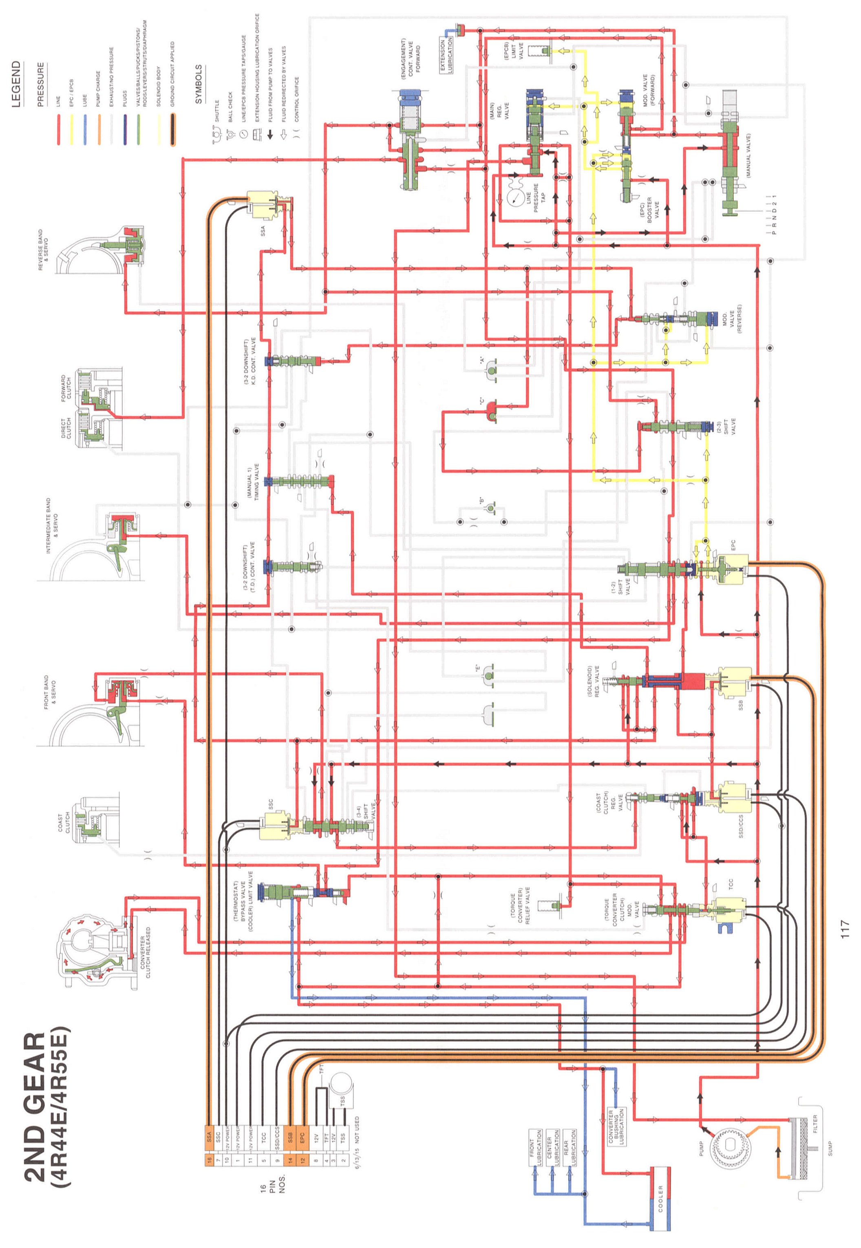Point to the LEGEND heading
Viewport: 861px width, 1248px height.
click(x=17, y=84)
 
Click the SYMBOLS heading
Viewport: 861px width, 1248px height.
click(x=199, y=84)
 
